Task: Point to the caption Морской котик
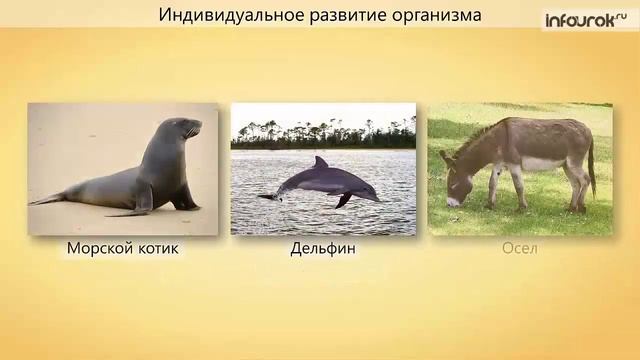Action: (123, 248)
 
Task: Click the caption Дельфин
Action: (323, 248)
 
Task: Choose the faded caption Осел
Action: (519, 248)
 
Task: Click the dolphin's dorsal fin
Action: (320, 161)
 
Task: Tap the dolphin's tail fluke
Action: (267, 196)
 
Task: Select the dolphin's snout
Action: (375, 197)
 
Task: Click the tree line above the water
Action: (323, 135)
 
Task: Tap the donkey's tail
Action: (591, 170)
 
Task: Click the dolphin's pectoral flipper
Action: (342, 200)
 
